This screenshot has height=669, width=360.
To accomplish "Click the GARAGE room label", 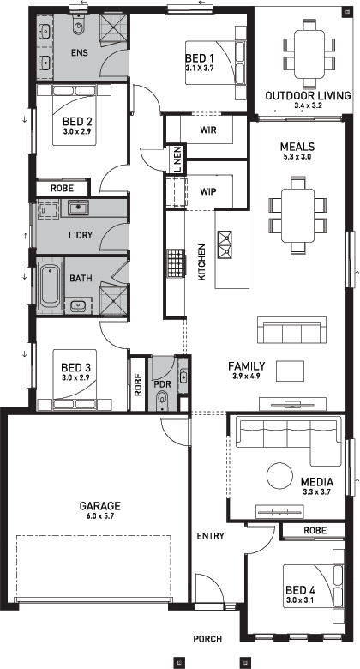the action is (99, 506).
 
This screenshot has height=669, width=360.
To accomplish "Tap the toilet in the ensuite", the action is (79, 26).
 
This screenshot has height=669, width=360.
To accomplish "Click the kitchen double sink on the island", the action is (225, 245).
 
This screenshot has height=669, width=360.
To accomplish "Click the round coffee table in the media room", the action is (279, 476).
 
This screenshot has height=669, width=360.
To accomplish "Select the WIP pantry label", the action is (207, 191).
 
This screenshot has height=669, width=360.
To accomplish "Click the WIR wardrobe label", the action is (207, 130).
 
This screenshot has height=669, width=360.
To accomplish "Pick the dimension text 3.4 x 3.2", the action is (308, 105).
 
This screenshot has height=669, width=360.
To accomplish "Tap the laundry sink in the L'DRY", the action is (79, 208).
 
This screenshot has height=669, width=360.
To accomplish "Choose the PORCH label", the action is (207, 639).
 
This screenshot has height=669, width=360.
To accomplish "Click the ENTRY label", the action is (210, 536).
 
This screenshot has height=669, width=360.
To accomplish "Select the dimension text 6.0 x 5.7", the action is (99, 515).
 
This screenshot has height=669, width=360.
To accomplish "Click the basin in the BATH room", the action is (78, 306).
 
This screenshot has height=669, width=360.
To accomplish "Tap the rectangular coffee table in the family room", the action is (290, 371).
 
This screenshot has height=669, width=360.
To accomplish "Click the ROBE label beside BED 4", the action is (315, 530).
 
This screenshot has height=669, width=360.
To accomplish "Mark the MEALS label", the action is (297, 147).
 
